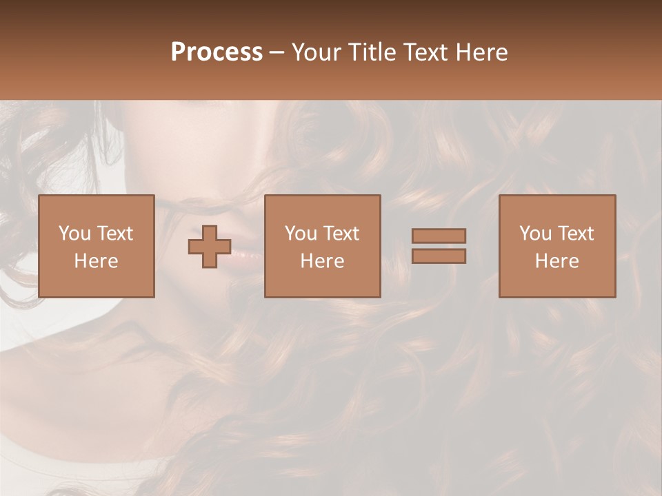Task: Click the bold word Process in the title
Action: (x=217, y=52)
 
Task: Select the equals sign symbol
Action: (x=439, y=246)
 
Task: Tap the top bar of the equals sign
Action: (x=439, y=236)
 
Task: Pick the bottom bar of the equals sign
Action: (x=439, y=256)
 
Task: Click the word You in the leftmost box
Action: (x=74, y=234)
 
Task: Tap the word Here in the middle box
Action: (x=322, y=261)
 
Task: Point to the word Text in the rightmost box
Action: (x=576, y=234)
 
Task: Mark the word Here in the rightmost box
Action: (x=556, y=261)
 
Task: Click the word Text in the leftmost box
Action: (x=114, y=234)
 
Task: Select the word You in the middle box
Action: (x=301, y=234)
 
